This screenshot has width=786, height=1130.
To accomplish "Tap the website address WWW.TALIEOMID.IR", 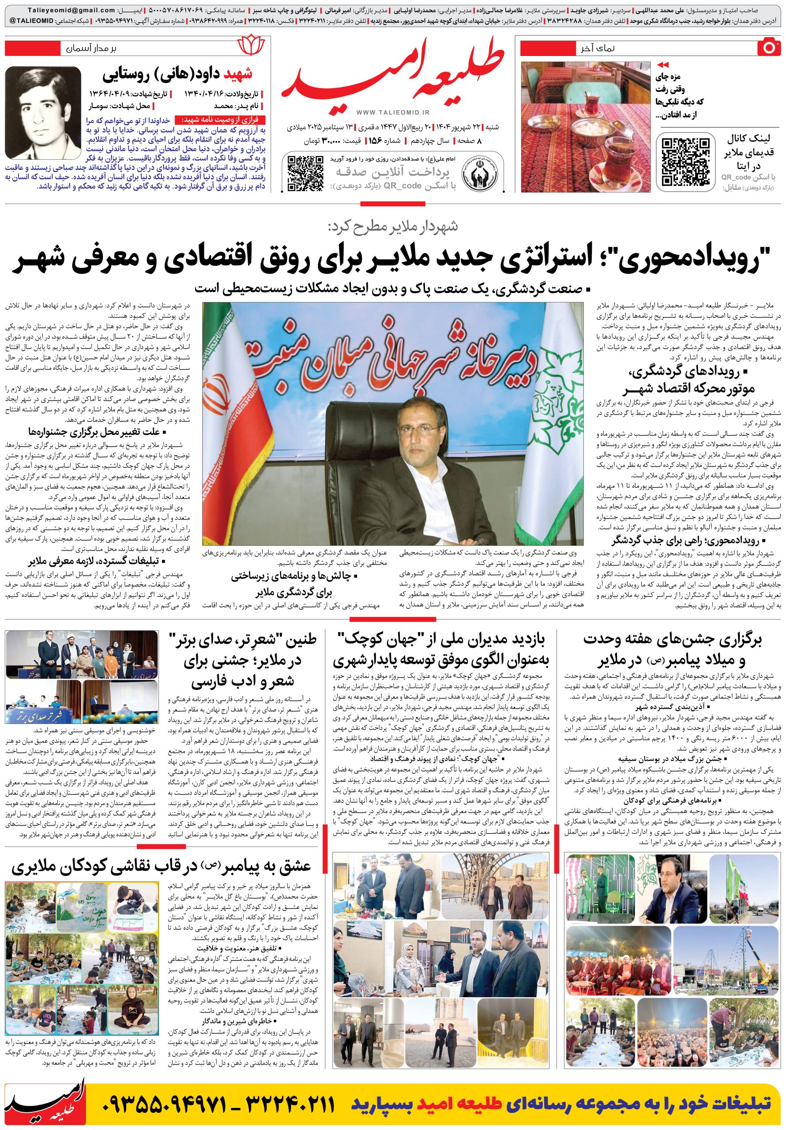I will click(393, 113).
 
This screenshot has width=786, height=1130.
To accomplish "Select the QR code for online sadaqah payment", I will click(305, 172).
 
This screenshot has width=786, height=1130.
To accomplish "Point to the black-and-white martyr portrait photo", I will click(43, 113).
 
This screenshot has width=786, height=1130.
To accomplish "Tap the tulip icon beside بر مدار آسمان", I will click(251, 48).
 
